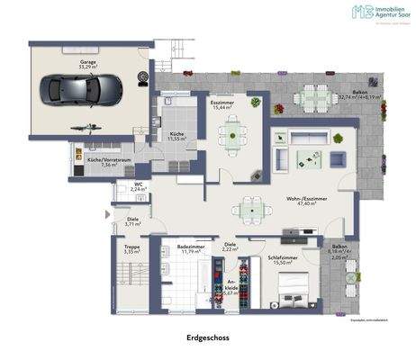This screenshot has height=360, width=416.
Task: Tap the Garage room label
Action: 88,64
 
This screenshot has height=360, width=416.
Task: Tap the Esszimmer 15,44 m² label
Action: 222,105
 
